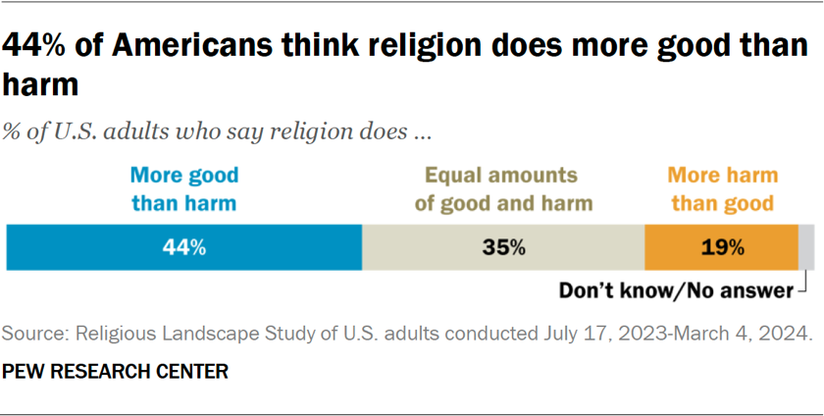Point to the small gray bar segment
[806, 247]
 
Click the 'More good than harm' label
[184, 189]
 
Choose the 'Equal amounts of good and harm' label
[503, 189]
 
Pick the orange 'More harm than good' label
[722, 189]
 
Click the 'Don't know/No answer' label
[675, 290]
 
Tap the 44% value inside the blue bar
[184, 247]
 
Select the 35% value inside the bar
[503, 247]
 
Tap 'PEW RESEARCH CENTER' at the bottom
[116, 372]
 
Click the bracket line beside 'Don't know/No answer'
[803, 286]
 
